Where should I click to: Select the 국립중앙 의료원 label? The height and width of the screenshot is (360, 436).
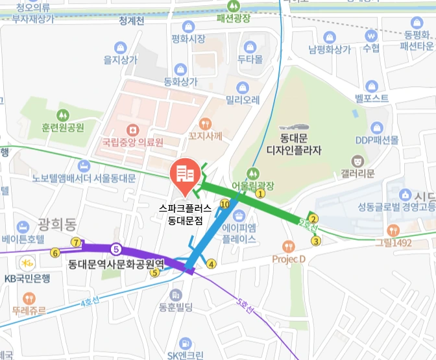pyautogui.click(x=132, y=141)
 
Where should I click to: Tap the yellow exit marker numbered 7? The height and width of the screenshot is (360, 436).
pyautogui.click(x=77, y=243)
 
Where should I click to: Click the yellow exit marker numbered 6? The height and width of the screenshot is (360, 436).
pyautogui.click(x=54, y=252)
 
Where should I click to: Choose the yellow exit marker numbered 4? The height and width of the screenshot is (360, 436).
pyautogui.click(x=210, y=263)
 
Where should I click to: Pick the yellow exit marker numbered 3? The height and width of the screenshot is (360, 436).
pyautogui.click(x=316, y=241)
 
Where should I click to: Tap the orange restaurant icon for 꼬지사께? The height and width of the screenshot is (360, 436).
pyautogui.click(x=206, y=123)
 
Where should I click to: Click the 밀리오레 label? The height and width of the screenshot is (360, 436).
pyautogui.click(x=243, y=100)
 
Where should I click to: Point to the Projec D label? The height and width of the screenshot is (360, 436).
pyautogui.click(x=289, y=259)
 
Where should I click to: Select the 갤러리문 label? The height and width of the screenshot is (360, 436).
pyautogui.click(x=357, y=173)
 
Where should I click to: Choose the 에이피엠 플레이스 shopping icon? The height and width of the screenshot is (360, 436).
pyautogui.click(x=239, y=217)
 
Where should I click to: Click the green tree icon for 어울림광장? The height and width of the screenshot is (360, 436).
pyautogui.click(x=253, y=173)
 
